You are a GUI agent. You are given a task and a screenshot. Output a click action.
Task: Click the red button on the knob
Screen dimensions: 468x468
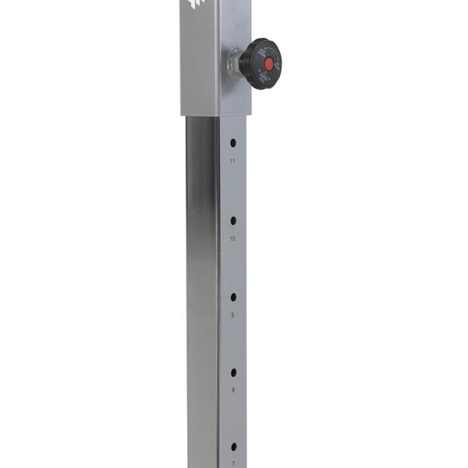coord(268,62)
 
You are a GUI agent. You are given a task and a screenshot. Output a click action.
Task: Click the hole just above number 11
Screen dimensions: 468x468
coord(232,144)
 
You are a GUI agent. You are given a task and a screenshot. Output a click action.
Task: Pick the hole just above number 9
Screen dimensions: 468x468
coord(232,297)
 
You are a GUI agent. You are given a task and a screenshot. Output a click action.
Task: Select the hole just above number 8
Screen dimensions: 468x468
coord(232,372)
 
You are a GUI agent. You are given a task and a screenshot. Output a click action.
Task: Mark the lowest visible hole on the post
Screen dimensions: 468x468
coord(232,447)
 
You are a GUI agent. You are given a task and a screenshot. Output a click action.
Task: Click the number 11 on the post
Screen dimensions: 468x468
coord(232,161)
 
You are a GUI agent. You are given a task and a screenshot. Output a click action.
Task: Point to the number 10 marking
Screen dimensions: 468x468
coord(232,238)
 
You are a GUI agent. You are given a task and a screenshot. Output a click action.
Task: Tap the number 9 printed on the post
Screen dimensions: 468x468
coord(232,314)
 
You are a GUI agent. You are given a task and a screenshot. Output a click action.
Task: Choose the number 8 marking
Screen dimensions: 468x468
coord(232,389)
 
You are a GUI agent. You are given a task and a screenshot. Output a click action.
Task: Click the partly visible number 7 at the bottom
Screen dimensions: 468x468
coord(232,463)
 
